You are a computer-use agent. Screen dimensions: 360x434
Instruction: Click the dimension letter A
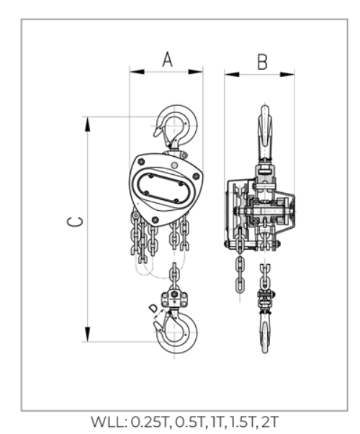[x=168, y=59]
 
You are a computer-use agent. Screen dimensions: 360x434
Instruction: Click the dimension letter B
[x=262, y=62]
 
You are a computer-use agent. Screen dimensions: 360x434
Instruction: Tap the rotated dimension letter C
[x=75, y=222]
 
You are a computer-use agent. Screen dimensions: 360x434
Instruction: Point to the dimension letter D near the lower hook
[x=153, y=308]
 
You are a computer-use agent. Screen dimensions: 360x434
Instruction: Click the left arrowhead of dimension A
[x=137, y=72]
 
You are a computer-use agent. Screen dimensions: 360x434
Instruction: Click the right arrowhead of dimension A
[x=196, y=72]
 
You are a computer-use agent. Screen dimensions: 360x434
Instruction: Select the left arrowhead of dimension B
[x=232, y=74]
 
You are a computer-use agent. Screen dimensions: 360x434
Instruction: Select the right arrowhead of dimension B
[x=287, y=74]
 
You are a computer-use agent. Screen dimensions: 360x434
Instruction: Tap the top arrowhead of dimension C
[x=88, y=124]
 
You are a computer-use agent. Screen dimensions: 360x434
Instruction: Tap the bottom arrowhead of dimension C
[x=88, y=335]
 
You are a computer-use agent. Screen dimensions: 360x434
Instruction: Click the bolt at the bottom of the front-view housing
[x=155, y=220]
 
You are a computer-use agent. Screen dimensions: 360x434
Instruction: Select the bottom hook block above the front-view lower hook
[x=174, y=299]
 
